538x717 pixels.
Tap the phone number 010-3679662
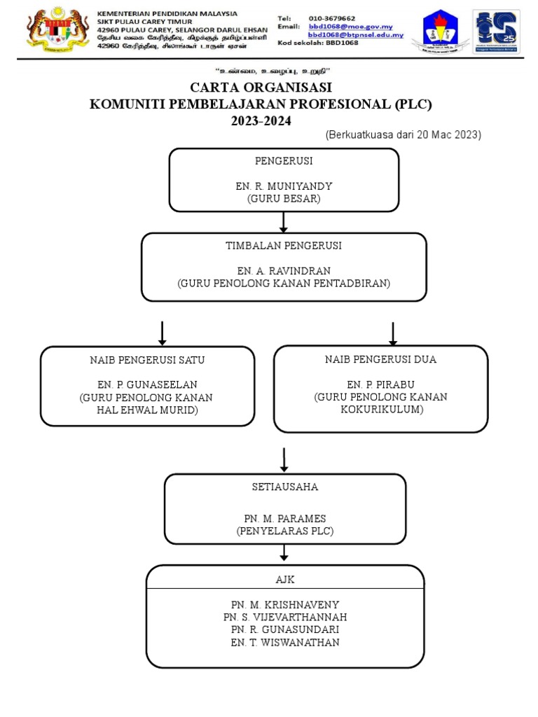(331, 18)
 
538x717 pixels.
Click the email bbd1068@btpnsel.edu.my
(356, 35)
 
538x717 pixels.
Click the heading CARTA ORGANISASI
(261, 88)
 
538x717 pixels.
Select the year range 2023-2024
(261, 120)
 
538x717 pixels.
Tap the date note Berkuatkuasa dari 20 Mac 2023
(403, 135)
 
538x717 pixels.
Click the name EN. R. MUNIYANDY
(284, 187)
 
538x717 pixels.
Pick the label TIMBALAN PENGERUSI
(284, 246)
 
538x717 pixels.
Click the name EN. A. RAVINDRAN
(284, 271)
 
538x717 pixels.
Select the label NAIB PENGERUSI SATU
(147, 360)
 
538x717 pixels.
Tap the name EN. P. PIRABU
(380, 384)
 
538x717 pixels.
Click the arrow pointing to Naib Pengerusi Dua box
(393, 333)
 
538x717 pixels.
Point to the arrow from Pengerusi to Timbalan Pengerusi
(284, 222)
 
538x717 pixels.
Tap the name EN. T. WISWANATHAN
(285, 642)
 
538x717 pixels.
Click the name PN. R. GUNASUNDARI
(285, 629)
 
